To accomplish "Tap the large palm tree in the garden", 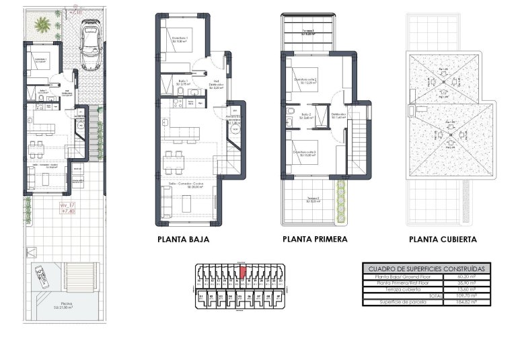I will [x=42, y=26].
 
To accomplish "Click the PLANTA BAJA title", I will [x=183, y=239].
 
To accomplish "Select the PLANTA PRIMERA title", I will [x=315, y=239].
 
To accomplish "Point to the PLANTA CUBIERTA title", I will [x=443, y=239].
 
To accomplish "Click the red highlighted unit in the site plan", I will [x=244, y=272].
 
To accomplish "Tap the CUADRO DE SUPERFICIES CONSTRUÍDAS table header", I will [x=426, y=268].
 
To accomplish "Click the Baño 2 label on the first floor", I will [x=305, y=115].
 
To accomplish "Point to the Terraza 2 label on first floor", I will [x=312, y=198].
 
